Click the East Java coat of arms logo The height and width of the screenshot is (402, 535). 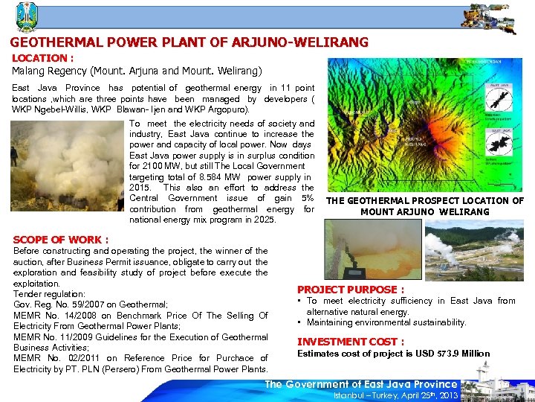click(x=27, y=16)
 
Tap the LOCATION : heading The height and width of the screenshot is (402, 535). click(x=42, y=57)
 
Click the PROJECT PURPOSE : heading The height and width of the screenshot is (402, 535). click(x=351, y=290)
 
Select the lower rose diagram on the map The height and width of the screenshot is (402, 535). click(x=496, y=141)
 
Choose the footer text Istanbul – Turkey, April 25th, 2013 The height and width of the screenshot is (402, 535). click(x=395, y=395)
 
